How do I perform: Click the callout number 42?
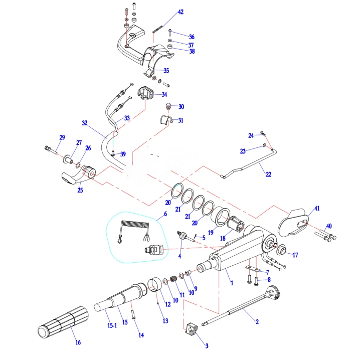point(180,12)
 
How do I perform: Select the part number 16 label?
point(78,343)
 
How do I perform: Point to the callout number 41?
point(316,208)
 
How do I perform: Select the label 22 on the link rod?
point(268,174)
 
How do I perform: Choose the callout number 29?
point(62,137)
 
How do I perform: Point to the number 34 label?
point(164,94)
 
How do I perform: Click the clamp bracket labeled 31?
point(165,120)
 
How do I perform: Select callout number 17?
point(295,255)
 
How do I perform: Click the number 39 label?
point(123,154)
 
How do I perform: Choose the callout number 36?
point(192,37)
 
